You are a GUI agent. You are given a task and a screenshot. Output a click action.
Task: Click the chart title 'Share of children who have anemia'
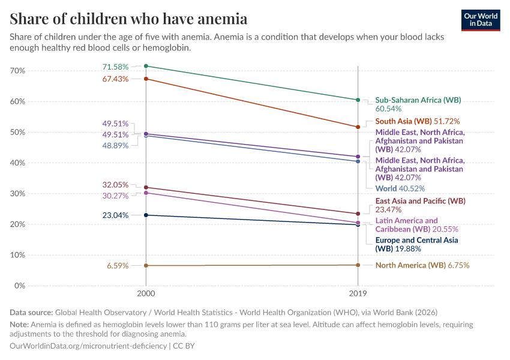128,19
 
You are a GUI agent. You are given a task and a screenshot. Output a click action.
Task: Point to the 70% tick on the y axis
18,71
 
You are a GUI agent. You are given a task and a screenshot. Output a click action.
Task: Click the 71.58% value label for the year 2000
115,66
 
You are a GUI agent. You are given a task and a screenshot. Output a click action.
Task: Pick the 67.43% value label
115,79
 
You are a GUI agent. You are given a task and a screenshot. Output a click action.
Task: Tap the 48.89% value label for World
115,146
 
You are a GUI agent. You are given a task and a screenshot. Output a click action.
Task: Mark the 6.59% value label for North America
118,266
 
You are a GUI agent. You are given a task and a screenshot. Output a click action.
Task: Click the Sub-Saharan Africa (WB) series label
418,100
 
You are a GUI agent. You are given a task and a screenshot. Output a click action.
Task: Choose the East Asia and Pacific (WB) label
420,201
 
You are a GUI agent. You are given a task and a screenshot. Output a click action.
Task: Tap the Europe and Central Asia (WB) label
416,244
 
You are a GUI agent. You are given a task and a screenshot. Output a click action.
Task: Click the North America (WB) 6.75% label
422,265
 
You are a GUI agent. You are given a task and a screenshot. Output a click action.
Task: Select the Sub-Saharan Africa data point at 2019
358,100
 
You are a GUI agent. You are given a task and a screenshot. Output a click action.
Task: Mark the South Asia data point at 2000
146,79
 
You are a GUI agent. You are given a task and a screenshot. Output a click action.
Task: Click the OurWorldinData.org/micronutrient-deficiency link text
89,346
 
